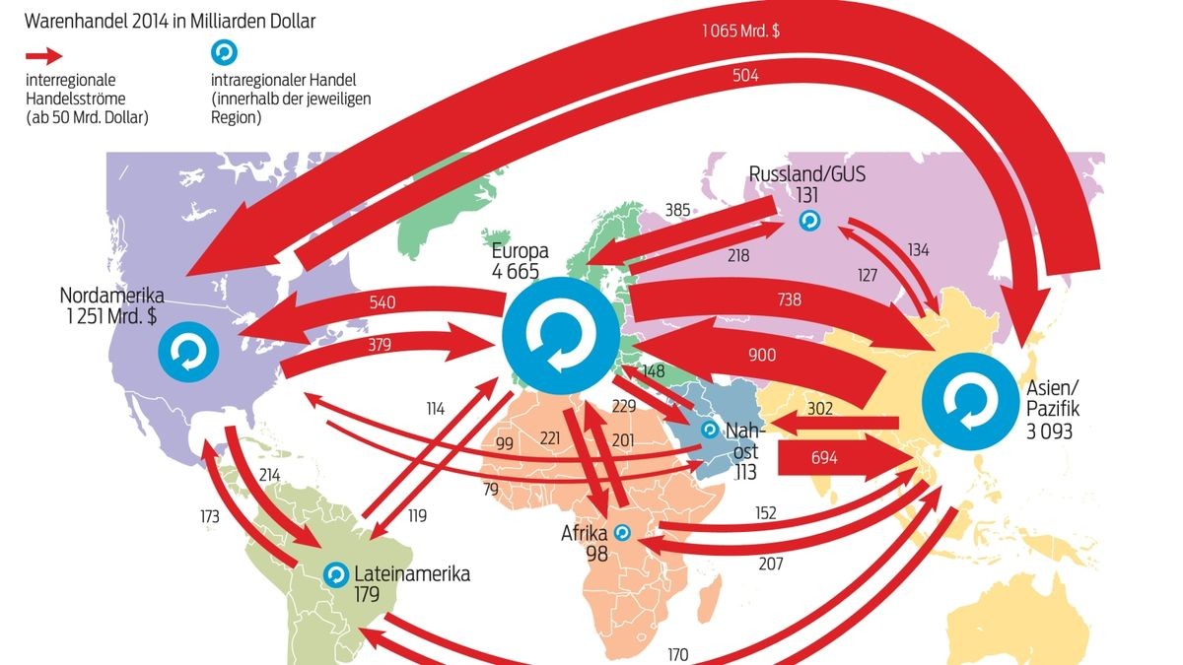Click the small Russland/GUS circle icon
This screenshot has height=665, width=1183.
point(808,221)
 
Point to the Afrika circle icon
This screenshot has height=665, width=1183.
point(622,533)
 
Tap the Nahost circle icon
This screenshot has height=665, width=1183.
point(709,431)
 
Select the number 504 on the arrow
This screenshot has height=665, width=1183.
point(745,75)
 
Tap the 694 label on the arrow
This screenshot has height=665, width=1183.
point(824,457)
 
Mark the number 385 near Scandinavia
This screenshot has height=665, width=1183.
point(678,209)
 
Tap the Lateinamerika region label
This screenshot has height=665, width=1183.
point(412,573)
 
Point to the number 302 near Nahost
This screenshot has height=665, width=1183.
point(820,408)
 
